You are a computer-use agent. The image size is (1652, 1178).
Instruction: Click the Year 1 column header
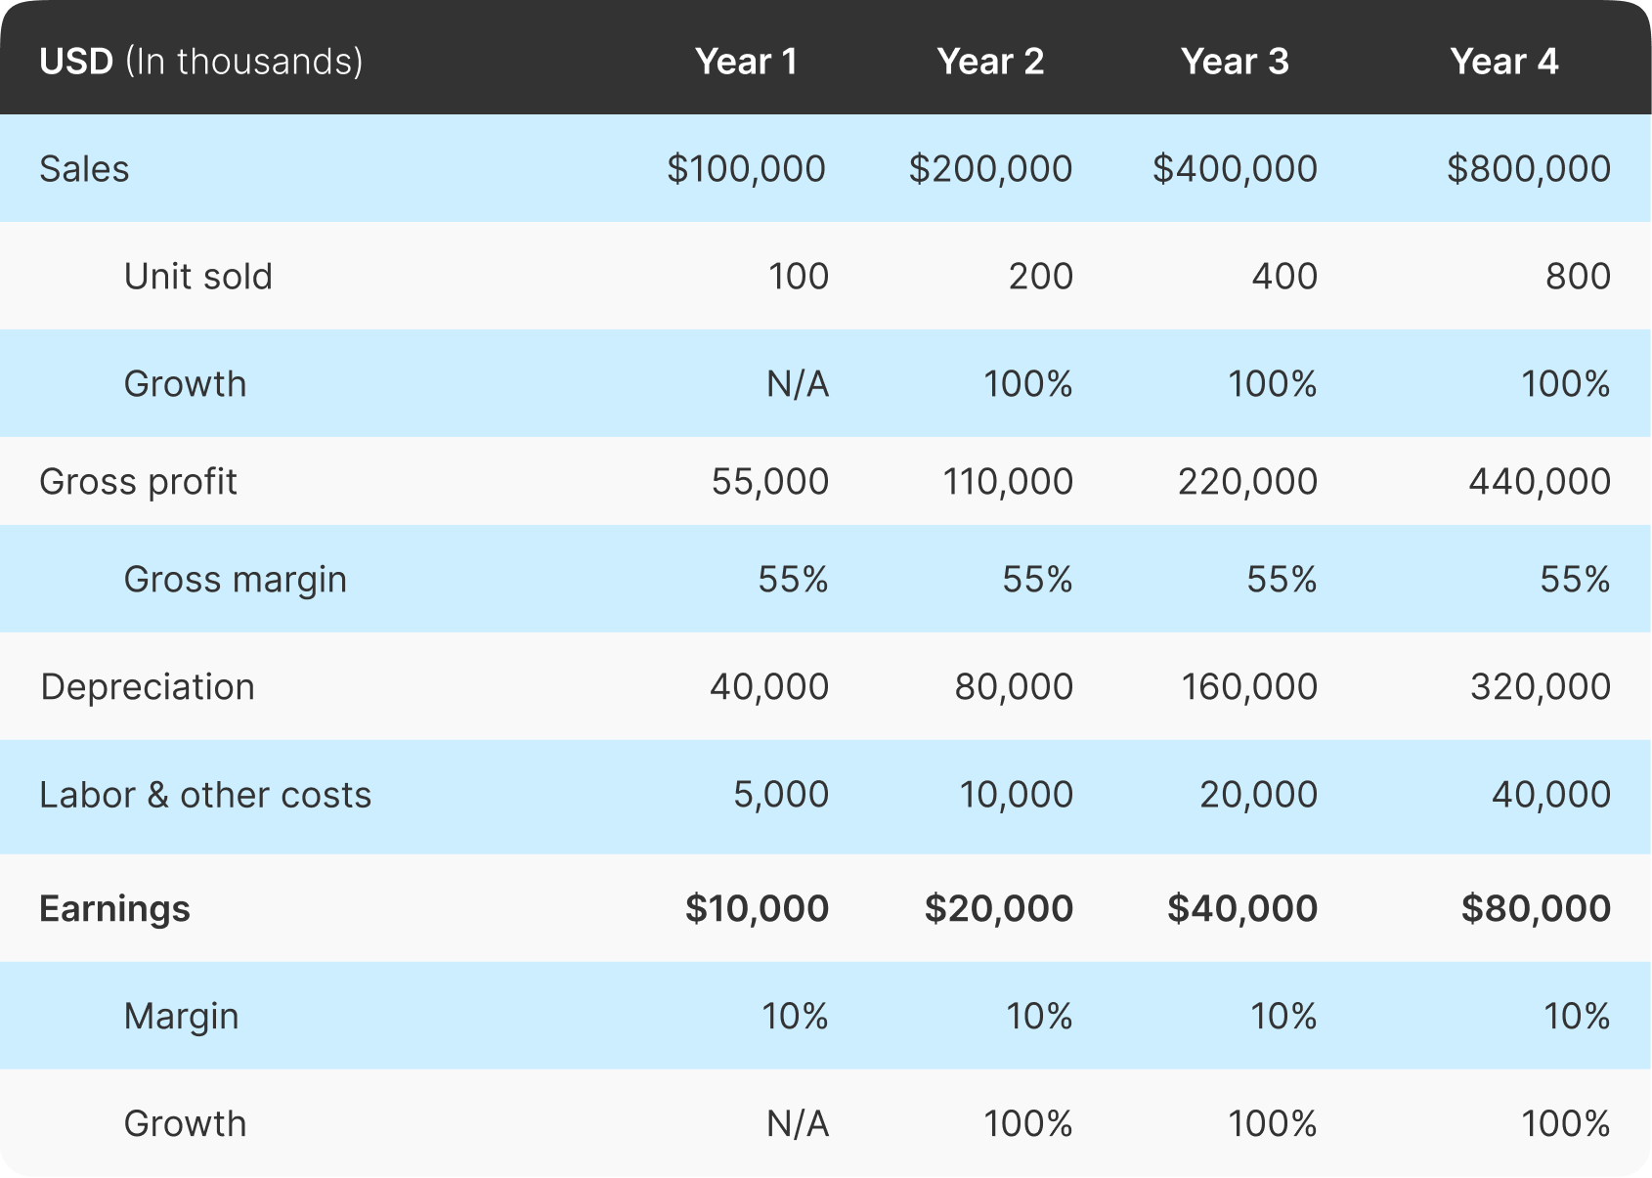click(x=746, y=62)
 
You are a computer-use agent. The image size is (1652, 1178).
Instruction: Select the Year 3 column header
click(x=1235, y=62)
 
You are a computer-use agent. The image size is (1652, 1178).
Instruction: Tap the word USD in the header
click(x=76, y=62)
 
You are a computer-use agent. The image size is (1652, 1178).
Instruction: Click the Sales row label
click(x=84, y=169)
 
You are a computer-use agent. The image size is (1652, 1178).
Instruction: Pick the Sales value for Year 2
click(x=990, y=169)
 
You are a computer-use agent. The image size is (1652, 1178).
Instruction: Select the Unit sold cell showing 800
click(x=1578, y=277)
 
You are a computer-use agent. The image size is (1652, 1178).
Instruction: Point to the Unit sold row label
click(x=197, y=277)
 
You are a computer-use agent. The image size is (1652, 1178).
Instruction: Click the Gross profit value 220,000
click(x=1247, y=482)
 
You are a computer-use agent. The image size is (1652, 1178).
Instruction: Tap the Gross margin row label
click(x=235, y=580)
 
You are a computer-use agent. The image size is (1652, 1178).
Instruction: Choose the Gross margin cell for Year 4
click(x=1575, y=580)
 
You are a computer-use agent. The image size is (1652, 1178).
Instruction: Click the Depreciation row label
click(x=148, y=686)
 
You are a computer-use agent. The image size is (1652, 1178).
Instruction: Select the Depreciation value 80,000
click(x=1014, y=686)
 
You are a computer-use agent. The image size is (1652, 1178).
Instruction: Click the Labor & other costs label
click(x=205, y=795)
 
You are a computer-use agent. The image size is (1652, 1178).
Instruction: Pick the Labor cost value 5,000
click(x=780, y=795)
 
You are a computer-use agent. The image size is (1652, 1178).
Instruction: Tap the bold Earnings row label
click(x=114, y=909)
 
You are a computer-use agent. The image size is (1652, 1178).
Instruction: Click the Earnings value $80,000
click(x=1536, y=909)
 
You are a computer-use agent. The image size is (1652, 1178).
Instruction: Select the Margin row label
click(x=181, y=1017)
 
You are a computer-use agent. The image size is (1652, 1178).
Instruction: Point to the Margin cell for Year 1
click(x=795, y=1017)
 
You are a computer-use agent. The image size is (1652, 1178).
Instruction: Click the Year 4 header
click(x=1503, y=62)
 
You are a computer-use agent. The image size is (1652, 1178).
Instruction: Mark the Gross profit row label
click(x=138, y=482)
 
